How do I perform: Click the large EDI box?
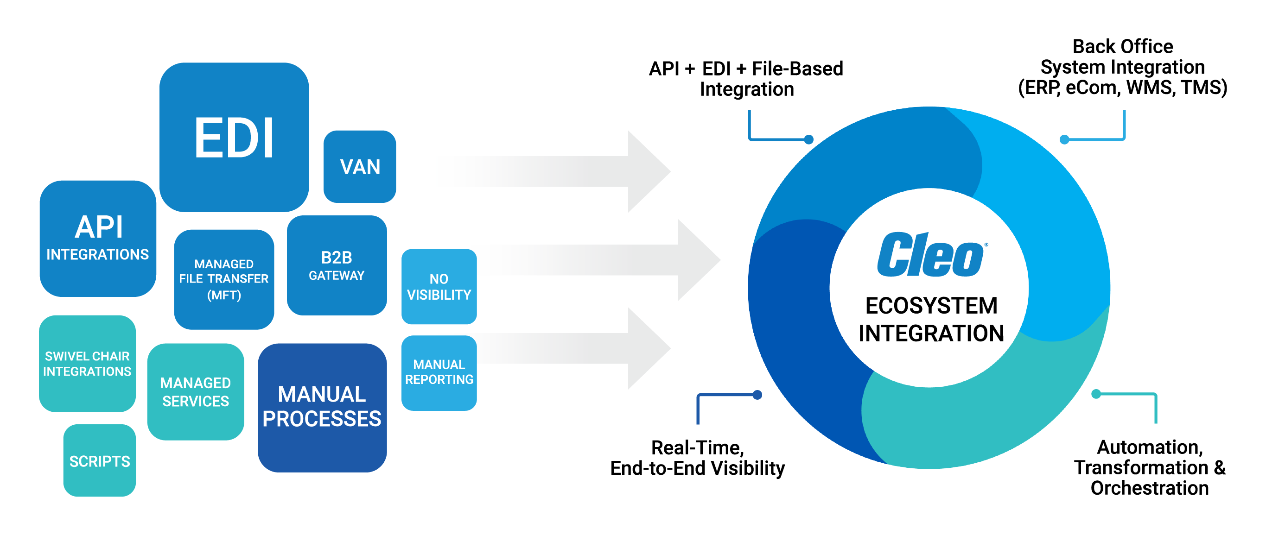(x=234, y=137)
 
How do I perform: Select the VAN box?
(x=360, y=167)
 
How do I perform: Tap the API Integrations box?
(x=98, y=239)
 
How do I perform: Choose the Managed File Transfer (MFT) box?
(x=223, y=279)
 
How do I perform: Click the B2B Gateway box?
(x=337, y=265)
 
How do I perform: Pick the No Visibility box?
(x=439, y=286)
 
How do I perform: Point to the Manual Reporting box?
(x=439, y=372)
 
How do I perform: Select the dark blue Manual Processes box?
(x=322, y=407)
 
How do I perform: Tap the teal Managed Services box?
(x=196, y=391)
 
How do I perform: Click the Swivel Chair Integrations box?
(x=87, y=364)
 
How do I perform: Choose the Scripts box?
(x=99, y=461)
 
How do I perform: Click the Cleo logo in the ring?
(x=931, y=256)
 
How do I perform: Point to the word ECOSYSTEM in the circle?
(x=931, y=306)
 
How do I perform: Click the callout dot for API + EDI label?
(x=808, y=139)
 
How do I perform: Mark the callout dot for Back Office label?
(x=1064, y=139)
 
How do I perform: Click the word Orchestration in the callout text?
(x=1149, y=488)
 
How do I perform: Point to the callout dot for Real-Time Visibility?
(x=757, y=395)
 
